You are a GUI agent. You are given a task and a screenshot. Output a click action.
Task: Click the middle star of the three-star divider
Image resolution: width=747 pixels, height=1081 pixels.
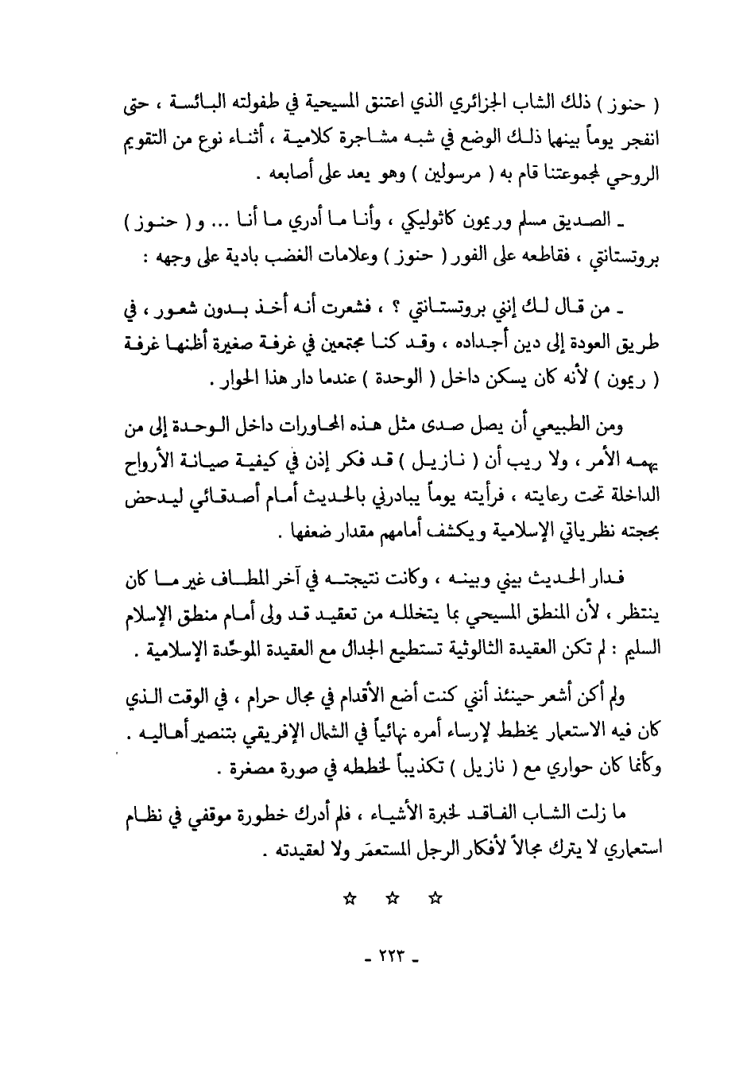tap(392, 898)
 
